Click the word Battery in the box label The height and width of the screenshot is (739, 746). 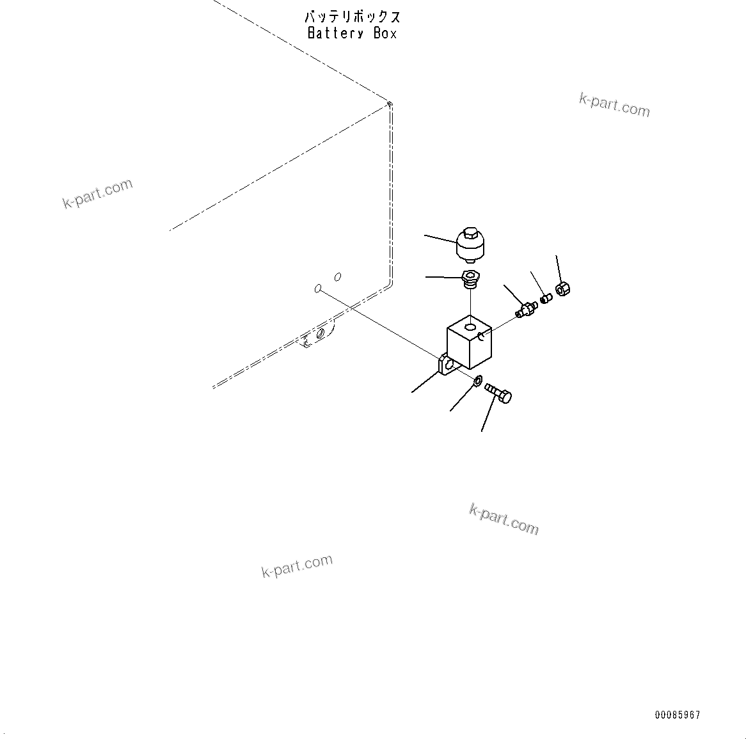[335, 33]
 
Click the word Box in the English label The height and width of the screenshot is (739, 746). [385, 33]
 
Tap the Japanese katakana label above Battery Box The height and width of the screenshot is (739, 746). [353, 17]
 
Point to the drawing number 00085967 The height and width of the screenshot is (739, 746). [678, 715]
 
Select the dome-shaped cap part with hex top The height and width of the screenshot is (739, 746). [470, 245]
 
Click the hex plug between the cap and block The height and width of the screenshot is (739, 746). [470, 279]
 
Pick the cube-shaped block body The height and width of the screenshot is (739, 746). [469, 342]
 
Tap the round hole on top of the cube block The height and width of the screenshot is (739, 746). [470, 327]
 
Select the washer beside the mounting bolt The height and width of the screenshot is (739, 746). [478, 379]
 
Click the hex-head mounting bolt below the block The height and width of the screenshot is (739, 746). [498, 393]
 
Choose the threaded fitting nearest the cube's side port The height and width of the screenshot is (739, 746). [527, 308]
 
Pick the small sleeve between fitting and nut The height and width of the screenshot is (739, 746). [546, 299]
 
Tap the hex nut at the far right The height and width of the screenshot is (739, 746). [563, 289]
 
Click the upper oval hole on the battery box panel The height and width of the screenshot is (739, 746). [338, 277]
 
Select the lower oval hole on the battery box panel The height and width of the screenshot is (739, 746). [318, 289]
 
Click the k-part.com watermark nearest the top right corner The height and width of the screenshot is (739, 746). [614, 105]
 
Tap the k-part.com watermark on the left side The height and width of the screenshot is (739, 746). [97, 193]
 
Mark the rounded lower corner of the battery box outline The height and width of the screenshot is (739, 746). [388, 285]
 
